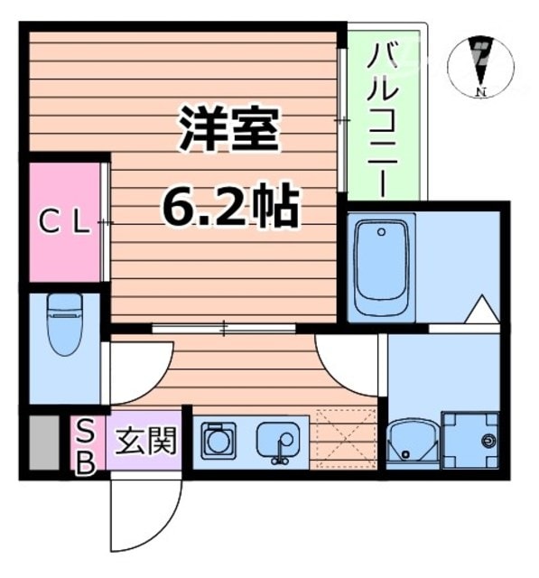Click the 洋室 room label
(x=229, y=132)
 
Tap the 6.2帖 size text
(x=229, y=208)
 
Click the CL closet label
(x=62, y=222)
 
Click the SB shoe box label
(x=85, y=444)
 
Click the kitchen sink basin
(x=277, y=442)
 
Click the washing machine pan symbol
(x=469, y=440)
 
